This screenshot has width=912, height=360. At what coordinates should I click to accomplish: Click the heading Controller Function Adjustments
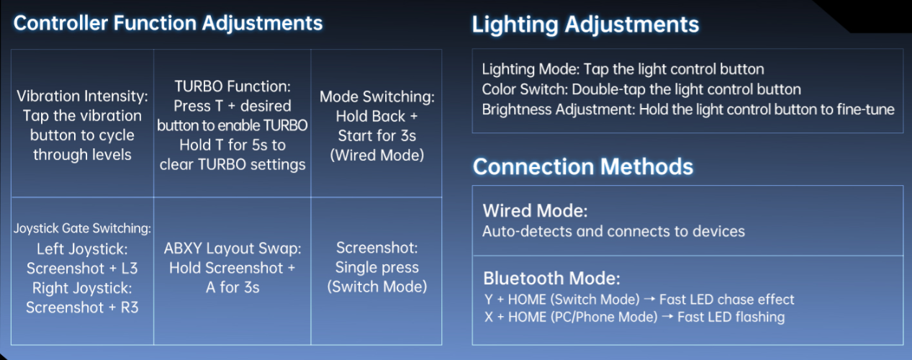point(168,23)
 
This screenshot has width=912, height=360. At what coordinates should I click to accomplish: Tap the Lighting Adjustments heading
point(585,24)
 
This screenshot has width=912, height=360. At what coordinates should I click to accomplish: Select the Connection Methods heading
point(583,166)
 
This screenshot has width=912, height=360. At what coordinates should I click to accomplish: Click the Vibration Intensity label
point(82,96)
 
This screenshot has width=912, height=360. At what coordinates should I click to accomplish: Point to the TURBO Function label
point(232,86)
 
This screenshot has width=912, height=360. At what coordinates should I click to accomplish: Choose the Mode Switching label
point(377,97)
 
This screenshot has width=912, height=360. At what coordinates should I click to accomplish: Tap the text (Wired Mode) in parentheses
point(377,155)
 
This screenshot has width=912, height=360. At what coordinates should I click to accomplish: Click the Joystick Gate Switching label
point(82,228)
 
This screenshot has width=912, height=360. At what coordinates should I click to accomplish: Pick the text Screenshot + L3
point(82,269)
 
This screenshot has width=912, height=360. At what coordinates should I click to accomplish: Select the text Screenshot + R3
point(82,307)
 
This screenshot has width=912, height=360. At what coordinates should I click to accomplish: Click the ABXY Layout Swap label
point(232,248)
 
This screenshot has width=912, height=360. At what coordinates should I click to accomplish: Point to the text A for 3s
point(232,287)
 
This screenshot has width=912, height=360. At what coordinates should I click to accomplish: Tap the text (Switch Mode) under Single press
point(377,287)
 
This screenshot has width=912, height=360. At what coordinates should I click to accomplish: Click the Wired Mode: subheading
point(536,211)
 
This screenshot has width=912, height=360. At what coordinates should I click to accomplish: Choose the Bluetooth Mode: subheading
point(551,279)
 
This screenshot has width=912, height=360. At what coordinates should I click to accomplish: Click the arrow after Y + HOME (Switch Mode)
point(649,300)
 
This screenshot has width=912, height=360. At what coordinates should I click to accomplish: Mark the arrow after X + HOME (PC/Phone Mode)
point(667,317)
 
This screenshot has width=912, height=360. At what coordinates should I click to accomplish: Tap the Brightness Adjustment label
point(559,109)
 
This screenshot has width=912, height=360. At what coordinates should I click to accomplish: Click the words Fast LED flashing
point(731,317)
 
